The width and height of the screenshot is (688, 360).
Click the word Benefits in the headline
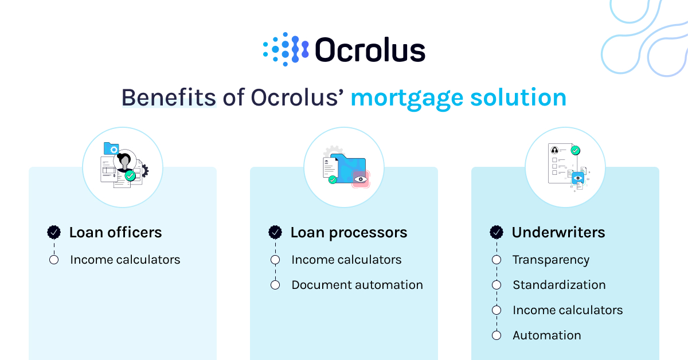tap(169, 97)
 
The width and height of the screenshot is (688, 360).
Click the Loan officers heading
tap(115, 232)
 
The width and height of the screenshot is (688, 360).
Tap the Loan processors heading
tap(349, 232)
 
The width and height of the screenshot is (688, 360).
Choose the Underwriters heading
tap(558, 232)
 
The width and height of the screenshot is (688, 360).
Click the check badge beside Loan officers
tap(54, 232)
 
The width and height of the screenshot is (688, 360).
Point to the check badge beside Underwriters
tap(497, 232)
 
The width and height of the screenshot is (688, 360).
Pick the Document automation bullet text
tap(357, 285)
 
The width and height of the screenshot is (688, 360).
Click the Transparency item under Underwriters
tap(550, 260)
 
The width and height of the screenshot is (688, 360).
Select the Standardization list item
tap(558, 285)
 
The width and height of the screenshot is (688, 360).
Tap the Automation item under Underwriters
tap(546, 335)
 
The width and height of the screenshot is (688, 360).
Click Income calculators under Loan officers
tap(125, 260)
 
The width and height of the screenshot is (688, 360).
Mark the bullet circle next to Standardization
tap(497, 285)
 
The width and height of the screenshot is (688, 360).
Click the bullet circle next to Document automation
tap(275, 285)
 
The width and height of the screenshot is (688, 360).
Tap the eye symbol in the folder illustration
tap(360, 179)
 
